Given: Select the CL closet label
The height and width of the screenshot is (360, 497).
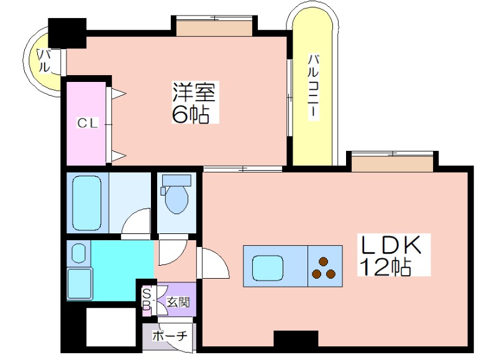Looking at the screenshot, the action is pos(88,123).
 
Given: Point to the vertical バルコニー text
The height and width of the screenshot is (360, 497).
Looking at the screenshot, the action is pos(314,87).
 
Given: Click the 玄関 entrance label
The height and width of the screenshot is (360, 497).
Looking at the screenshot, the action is pos(178,302).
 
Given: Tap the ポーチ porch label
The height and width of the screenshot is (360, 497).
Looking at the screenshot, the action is pos(170,336).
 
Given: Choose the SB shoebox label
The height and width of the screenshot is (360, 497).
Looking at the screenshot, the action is pos(147,299).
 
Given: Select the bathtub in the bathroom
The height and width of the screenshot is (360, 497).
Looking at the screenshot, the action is pos(87,203).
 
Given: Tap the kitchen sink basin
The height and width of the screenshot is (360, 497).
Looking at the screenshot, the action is pos(268,268).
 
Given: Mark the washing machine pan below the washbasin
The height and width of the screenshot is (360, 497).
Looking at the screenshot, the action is pos(80,284).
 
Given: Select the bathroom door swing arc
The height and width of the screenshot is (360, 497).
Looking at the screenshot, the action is pos(135,221).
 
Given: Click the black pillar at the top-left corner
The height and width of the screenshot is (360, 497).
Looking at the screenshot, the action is pos(67,34).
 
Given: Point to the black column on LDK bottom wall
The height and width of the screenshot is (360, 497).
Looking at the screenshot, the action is pos(296,340).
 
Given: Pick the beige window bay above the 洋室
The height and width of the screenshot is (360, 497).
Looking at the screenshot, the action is pos(214,27).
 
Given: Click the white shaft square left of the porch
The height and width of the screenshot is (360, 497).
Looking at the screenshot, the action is pos(111,327).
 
